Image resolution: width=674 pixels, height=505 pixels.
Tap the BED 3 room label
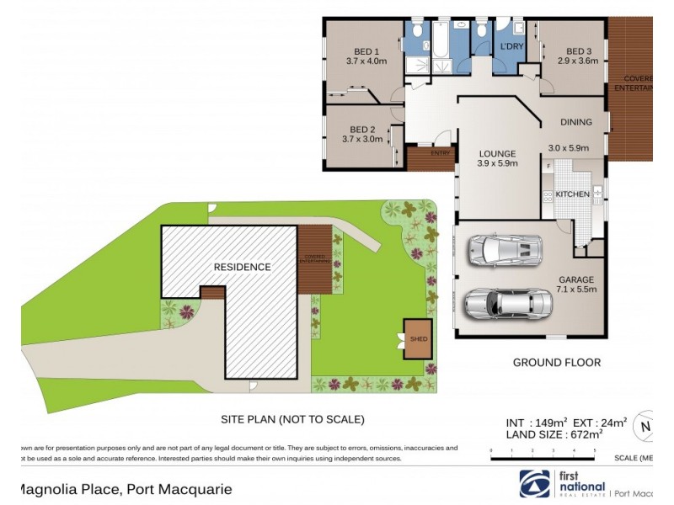(578, 50)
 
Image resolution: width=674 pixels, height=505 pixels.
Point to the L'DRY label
(512, 46)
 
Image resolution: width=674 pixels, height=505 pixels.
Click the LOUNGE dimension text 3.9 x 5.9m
(497, 164)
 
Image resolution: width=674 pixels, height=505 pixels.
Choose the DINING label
(576, 122)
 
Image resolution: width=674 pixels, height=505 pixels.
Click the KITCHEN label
(573, 194)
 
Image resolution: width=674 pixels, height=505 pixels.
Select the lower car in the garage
(496, 300)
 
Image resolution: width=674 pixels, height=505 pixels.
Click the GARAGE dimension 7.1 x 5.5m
(576, 290)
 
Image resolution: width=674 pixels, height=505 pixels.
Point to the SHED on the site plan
(419, 338)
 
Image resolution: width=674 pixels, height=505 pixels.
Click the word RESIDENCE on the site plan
(242, 267)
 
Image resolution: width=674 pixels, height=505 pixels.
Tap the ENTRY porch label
(441, 153)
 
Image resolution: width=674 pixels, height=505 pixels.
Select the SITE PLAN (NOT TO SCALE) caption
(292, 418)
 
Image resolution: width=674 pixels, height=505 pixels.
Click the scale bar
(543, 454)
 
